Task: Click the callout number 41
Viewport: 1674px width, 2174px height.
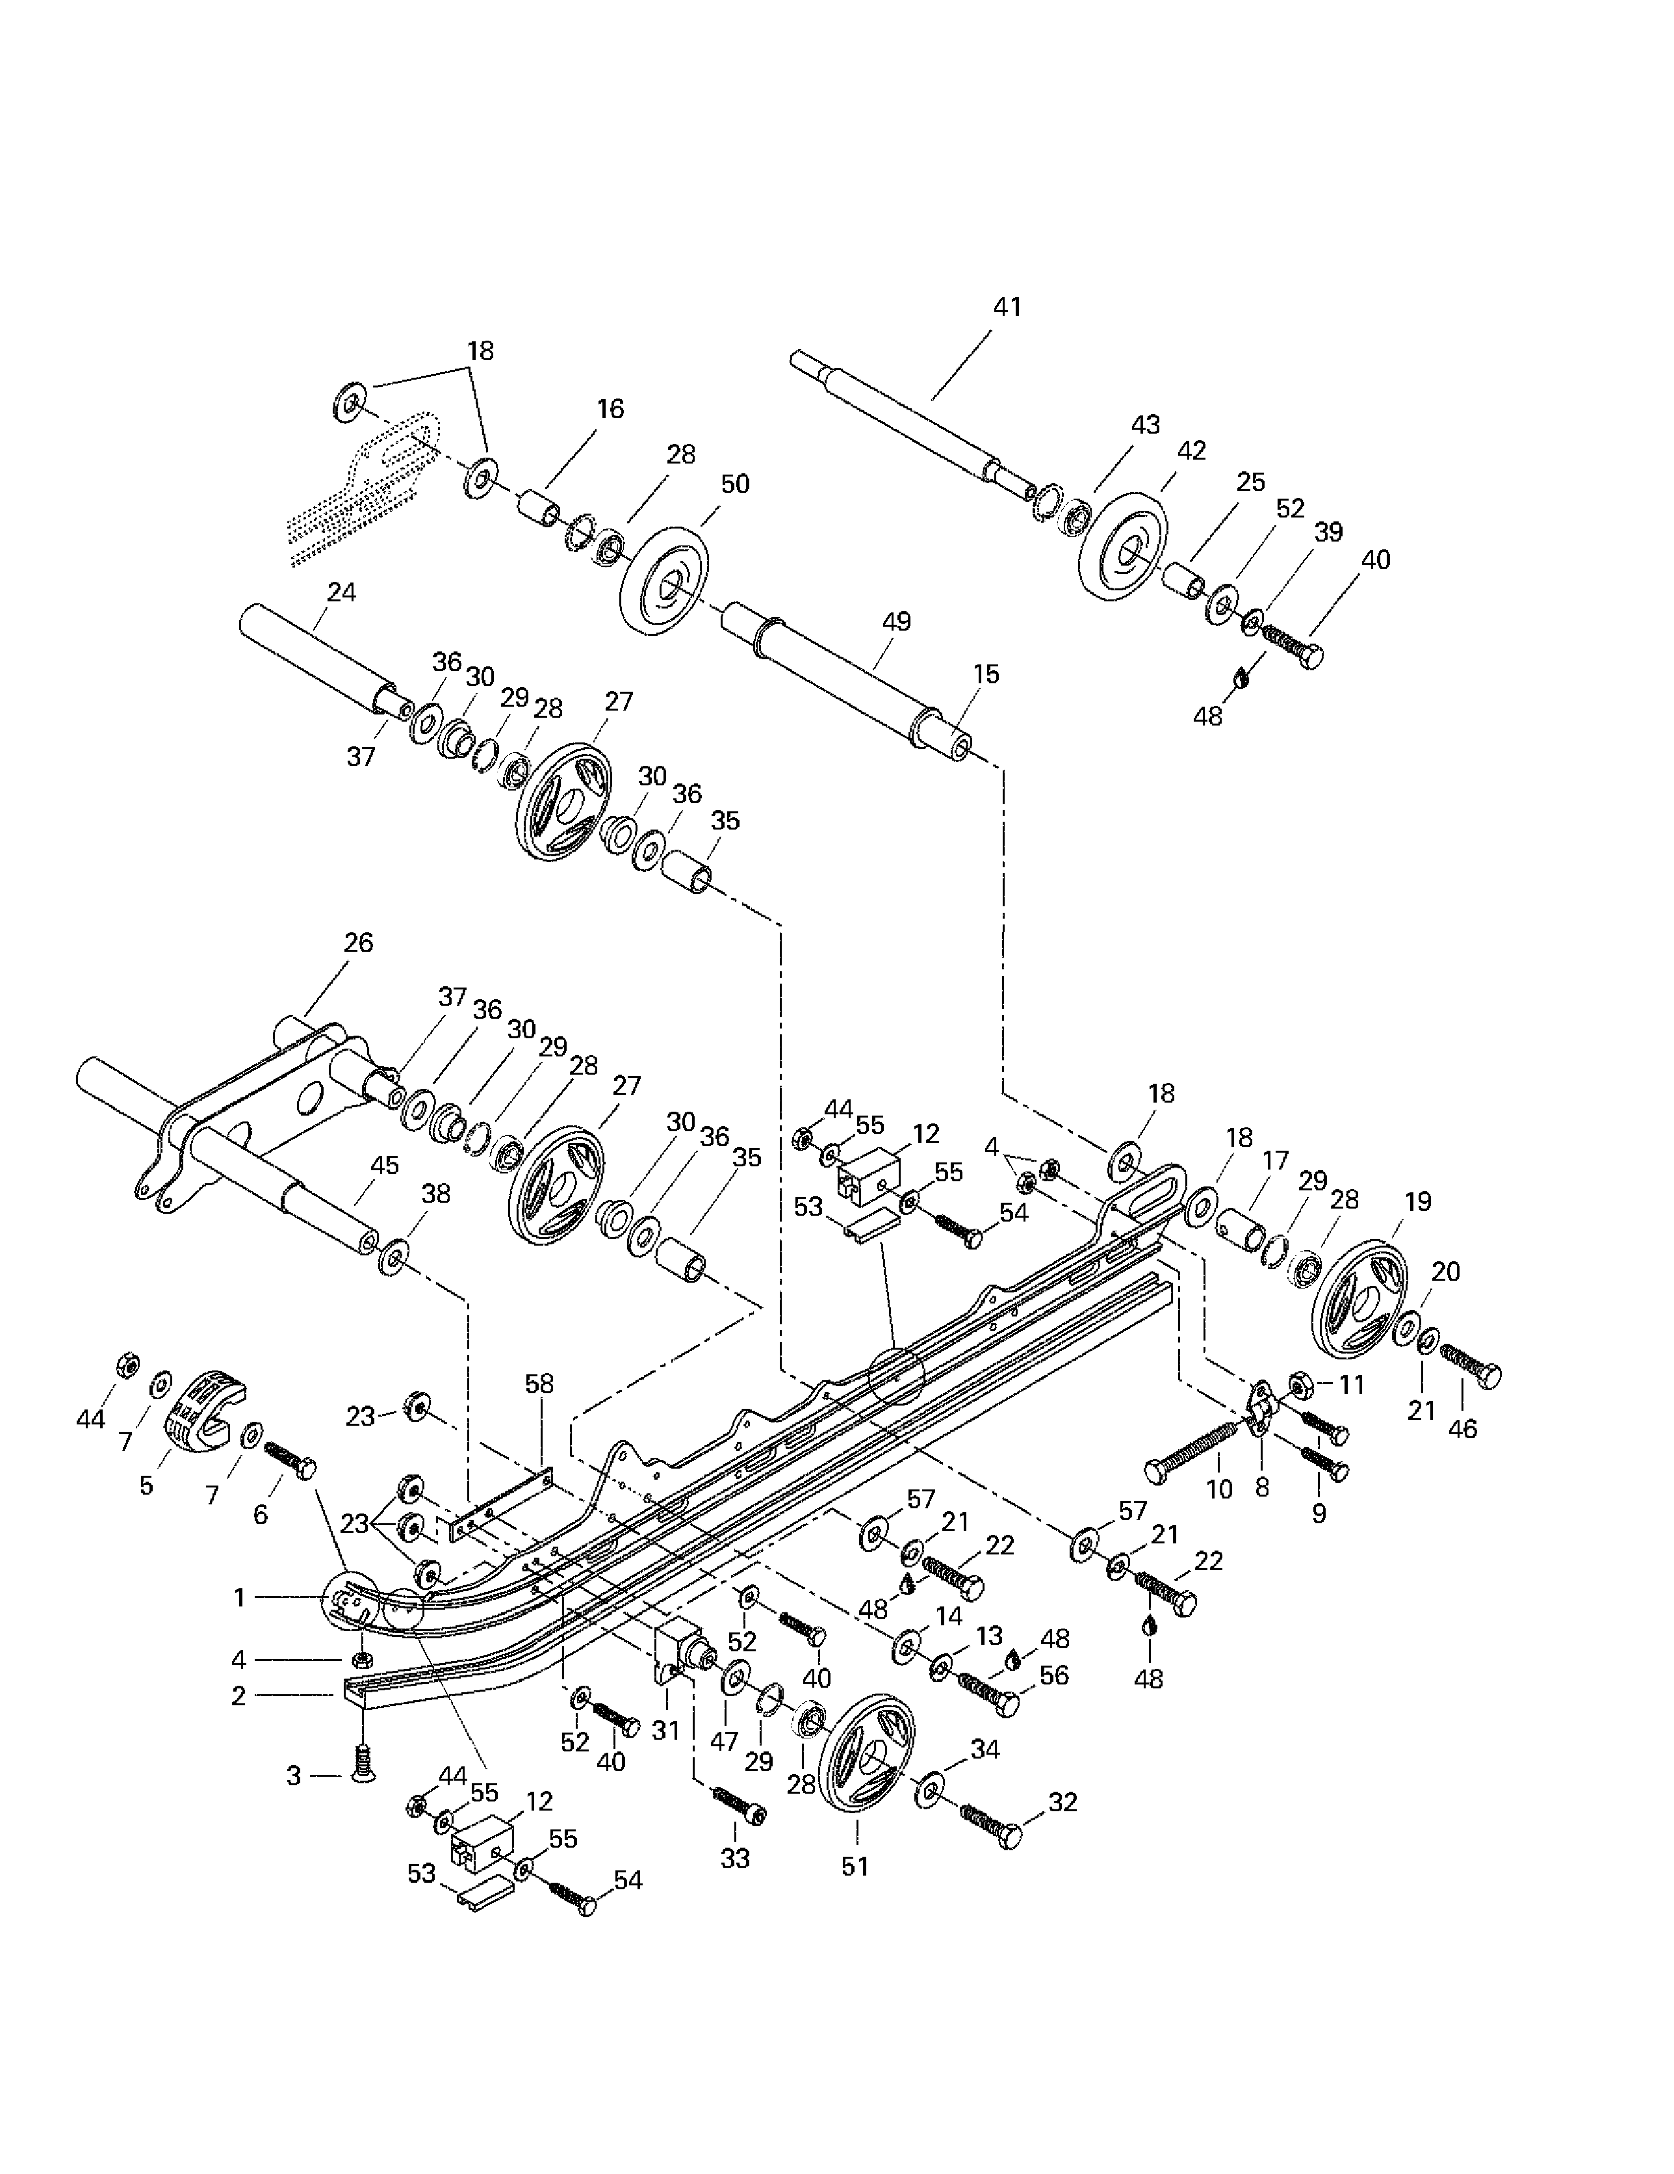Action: pyautogui.click(x=1007, y=308)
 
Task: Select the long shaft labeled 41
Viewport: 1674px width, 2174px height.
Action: pyautogui.click(x=912, y=423)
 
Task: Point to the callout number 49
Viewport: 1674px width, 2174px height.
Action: pyautogui.click(x=895, y=622)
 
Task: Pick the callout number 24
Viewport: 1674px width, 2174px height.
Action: pyautogui.click(x=341, y=592)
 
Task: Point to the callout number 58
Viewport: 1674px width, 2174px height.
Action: pyautogui.click(x=539, y=1383)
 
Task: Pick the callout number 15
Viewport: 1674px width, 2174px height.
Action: pyautogui.click(x=985, y=674)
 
